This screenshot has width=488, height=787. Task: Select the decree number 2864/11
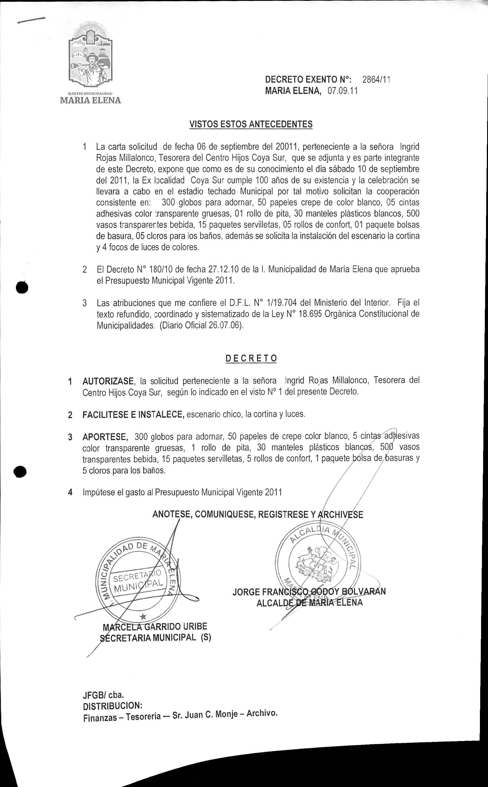coord(376,79)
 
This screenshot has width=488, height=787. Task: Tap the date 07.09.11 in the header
coord(343,91)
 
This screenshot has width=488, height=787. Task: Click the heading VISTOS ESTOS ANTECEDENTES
coord(251,124)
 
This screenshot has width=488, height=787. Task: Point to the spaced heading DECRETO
coord(251,359)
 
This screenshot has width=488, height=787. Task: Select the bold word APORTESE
coord(105,437)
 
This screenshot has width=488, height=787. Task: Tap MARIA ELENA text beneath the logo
coord(91,100)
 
